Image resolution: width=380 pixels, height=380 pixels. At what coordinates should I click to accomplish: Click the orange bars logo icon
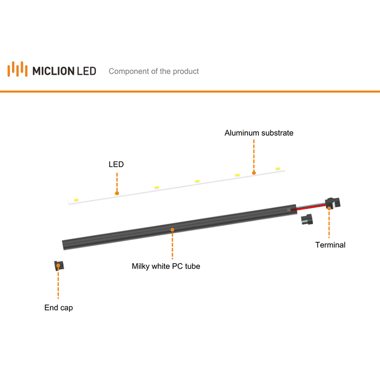[18, 69]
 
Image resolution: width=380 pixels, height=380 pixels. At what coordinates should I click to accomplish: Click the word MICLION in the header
[53, 71]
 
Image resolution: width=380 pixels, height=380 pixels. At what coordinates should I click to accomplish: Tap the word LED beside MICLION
[86, 71]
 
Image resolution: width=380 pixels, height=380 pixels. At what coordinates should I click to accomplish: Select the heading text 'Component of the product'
[153, 71]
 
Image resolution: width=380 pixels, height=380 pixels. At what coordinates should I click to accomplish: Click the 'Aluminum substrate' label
[259, 133]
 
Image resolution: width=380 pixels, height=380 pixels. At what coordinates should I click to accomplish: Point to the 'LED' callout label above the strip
[116, 164]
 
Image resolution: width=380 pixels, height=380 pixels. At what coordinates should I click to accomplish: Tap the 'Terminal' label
[330, 245]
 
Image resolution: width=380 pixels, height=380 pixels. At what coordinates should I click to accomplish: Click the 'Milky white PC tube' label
[166, 266]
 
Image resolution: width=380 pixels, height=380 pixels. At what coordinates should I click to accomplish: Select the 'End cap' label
[58, 308]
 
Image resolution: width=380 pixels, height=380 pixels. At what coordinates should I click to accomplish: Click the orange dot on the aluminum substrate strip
[254, 173]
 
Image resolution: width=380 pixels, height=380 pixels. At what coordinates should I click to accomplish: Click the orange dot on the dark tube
[172, 230]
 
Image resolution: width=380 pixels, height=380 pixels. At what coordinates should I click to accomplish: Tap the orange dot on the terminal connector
[329, 208]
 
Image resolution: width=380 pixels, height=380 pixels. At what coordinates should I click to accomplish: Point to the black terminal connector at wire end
[333, 203]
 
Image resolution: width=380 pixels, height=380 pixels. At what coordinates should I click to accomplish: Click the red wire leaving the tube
[308, 208]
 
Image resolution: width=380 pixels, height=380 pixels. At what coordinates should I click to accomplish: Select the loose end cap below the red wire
[307, 219]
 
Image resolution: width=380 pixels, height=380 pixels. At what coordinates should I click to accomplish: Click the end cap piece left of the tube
[59, 266]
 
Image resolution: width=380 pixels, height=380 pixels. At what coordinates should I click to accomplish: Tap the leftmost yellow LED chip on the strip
[76, 200]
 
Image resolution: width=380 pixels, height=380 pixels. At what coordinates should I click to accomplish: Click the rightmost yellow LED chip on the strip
[278, 169]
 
